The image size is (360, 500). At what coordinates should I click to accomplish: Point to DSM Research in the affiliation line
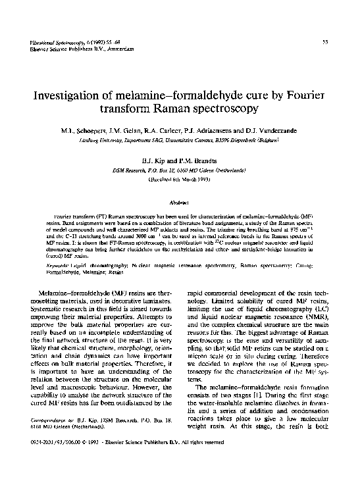pyautogui.click(x=132, y=170)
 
